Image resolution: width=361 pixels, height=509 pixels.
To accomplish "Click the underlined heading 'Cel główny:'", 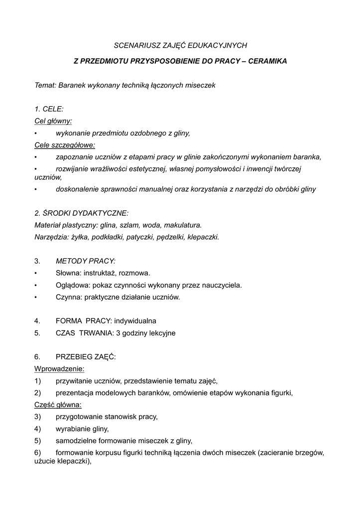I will pos(53,121).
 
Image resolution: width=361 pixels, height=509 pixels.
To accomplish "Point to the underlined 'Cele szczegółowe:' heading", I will pos(65,145).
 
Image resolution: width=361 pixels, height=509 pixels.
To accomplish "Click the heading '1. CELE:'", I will pos(49,109).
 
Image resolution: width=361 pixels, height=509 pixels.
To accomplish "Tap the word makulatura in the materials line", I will pos(184,225).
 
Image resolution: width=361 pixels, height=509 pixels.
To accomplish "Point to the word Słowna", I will pos(68,273).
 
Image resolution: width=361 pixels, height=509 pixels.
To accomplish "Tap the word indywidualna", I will pos(135,321).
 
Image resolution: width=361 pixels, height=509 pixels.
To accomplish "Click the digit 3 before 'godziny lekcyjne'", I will pos(118,333).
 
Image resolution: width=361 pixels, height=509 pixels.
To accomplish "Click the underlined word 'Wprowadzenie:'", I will pos(59,369).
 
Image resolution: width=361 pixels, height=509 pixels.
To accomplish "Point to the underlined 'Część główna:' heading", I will pos(58,405).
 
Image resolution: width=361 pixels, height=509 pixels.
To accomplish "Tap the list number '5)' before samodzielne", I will pos(37,440).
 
